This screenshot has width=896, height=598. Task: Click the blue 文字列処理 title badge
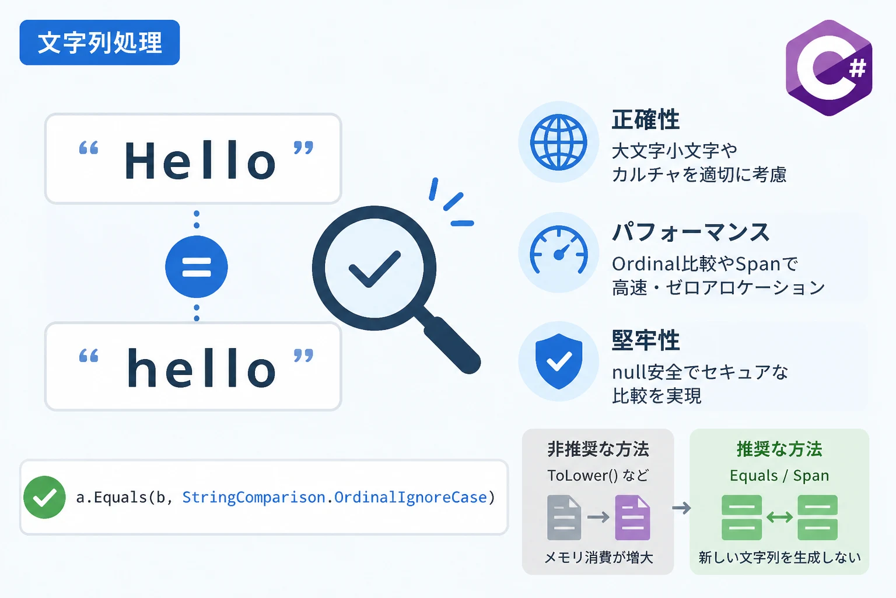(x=100, y=43)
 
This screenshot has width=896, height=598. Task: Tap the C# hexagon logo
(x=829, y=68)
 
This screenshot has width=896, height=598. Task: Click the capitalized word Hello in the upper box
(x=200, y=160)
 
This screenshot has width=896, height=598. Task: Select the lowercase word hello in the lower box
(x=201, y=368)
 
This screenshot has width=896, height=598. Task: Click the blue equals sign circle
(x=197, y=267)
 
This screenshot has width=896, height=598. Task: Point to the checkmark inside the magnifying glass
(x=374, y=269)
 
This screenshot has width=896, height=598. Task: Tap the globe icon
(x=558, y=142)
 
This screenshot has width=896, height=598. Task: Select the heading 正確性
(x=646, y=119)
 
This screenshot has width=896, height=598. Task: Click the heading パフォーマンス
(x=691, y=232)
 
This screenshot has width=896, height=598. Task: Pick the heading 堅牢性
(x=646, y=340)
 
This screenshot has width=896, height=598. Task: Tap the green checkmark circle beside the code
(x=44, y=497)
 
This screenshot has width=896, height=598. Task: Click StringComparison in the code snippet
(x=254, y=498)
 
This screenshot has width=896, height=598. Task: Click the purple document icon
(x=632, y=517)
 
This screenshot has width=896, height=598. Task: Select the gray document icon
(x=564, y=517)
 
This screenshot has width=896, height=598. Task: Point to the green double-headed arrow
(x=779, y=517)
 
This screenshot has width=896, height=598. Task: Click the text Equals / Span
(x=779, y=475)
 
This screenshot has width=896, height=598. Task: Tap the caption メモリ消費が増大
(x=599, y=557)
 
